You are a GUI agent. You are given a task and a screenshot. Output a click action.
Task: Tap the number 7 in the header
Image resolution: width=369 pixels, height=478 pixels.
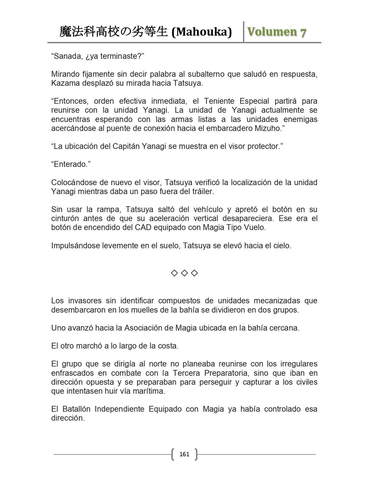point(303,32)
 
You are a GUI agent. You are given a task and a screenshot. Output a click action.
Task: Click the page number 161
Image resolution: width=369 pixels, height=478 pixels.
point(184,454)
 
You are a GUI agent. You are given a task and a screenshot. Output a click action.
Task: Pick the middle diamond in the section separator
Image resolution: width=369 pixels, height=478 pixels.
point(184,273)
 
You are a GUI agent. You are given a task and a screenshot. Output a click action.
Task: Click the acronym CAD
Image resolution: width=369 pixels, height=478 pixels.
point(143,227)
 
